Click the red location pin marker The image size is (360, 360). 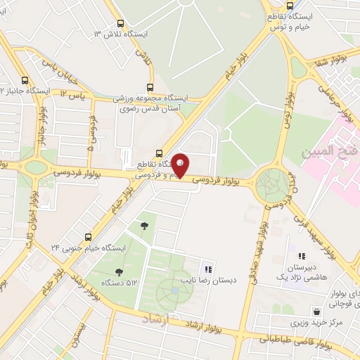[x=181, y=165]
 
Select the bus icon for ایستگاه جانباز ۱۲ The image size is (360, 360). [x=26, y=79]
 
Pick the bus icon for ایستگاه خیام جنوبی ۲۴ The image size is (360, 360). [x=88, y=237]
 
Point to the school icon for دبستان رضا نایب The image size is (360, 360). [x=207, y=269]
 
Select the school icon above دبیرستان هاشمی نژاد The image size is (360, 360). [x=302, y=257]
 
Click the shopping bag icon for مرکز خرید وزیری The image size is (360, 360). [x=316, y=311]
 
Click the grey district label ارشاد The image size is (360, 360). [x=157, y=320]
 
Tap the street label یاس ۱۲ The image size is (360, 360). [x=73, y=94]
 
